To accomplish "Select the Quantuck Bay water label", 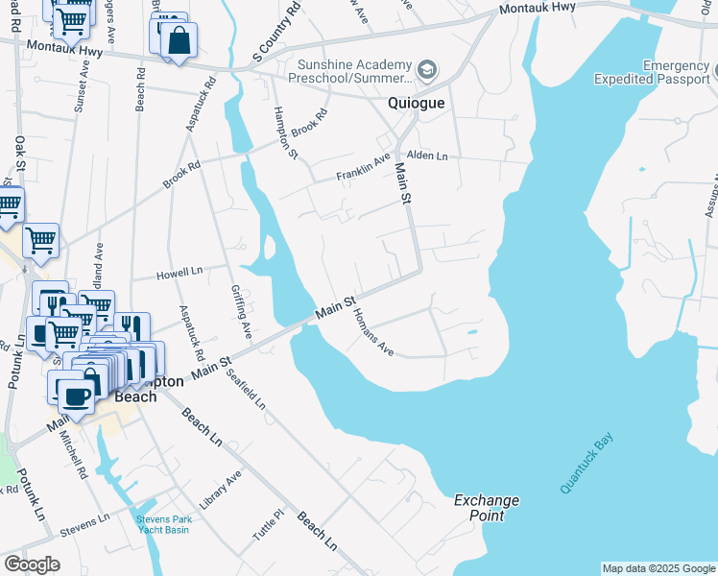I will coord(587,464).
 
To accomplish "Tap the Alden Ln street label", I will coord(427,156).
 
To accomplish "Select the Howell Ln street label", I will coord(179,275).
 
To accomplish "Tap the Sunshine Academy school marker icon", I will coord(427,69).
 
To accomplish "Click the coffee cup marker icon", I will coord(76,396).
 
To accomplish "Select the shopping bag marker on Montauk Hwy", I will coord(179,40).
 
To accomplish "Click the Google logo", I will coord(32,564).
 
